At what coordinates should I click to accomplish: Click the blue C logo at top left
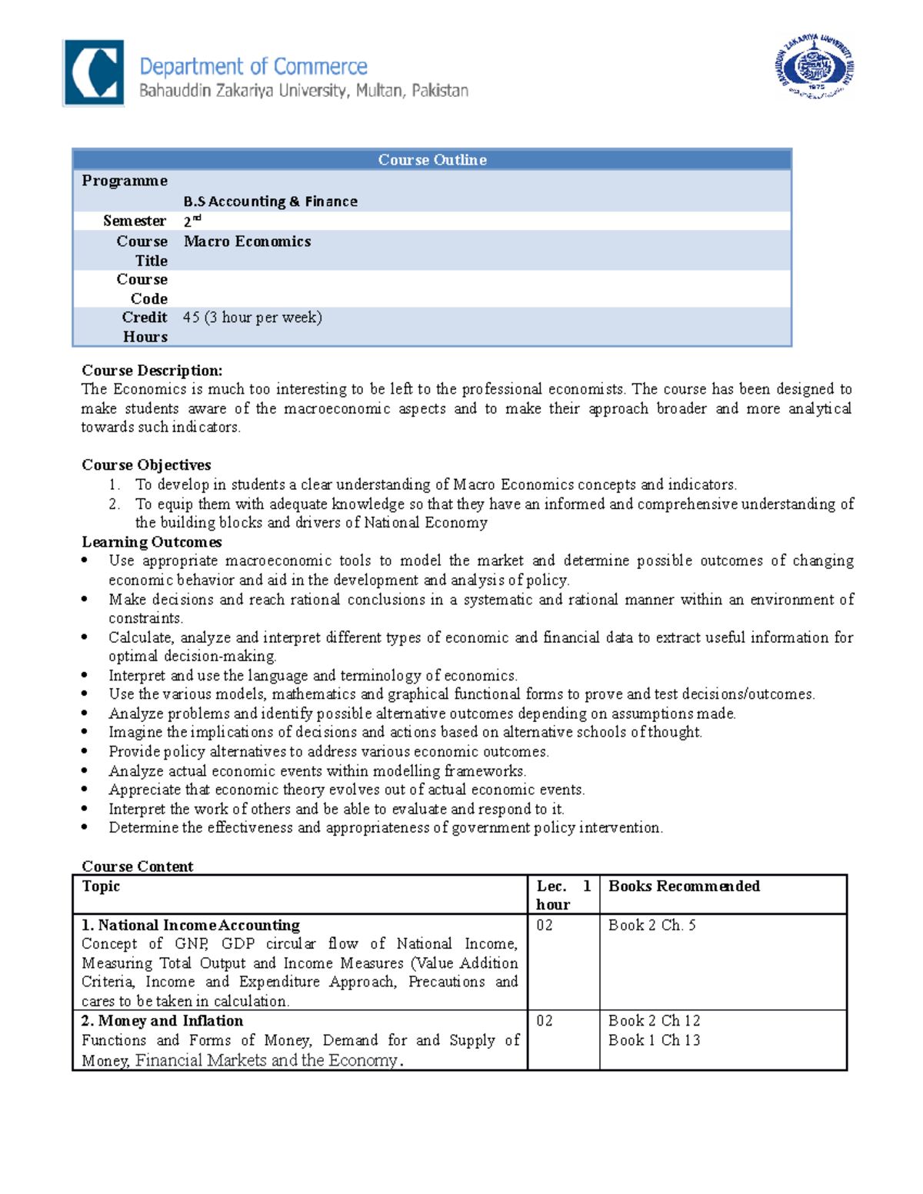[93, 73]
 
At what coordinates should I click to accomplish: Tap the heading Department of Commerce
[253, 67]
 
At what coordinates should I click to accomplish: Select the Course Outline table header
[432, 160]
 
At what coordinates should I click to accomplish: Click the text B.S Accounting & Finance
[270, 201]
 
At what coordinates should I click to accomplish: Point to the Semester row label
[135, 221]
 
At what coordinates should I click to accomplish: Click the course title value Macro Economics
[247, 241]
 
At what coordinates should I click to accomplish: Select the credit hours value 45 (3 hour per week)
[252, 318]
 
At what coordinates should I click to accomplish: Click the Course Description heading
[152, 371]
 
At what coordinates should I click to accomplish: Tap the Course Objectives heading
[146, 465]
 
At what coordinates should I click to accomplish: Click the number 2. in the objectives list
[114, 504]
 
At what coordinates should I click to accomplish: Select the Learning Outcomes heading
[152, 542]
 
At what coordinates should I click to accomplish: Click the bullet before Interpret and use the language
[85, 676]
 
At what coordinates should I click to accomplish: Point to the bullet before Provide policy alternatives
[85, 752]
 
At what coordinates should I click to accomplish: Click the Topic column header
[101, 886]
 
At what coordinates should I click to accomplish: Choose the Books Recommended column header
[684, 886]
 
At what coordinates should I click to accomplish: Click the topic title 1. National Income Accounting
[191, 925]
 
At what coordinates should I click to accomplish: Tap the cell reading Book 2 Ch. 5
[651, 925]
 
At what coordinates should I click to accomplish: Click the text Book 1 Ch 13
[654, 1040]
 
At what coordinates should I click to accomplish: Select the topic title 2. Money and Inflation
[162, 1021]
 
